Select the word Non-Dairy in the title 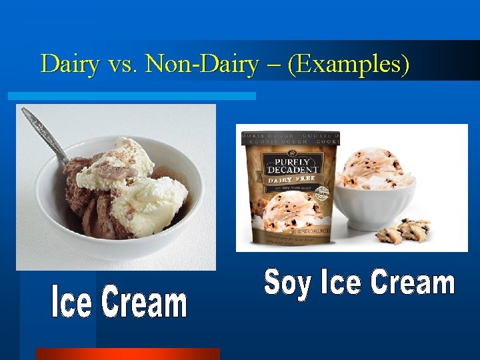(x=202, y=65)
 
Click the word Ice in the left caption (x=71, y=303)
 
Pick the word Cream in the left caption (x=145, y=303)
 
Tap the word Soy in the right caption (x=288, y=283)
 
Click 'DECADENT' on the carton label (x=293, y=169)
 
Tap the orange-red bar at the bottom (x=127, y=354)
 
